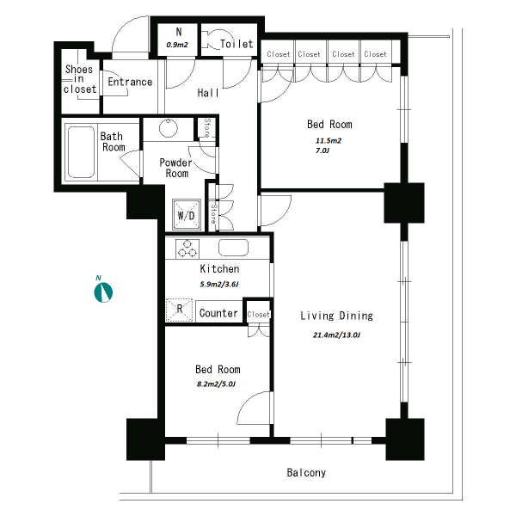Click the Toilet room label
tap(236, 44)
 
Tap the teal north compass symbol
tap(103, 292)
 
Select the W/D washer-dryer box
tap(187, 214)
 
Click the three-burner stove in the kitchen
tap(187, 248)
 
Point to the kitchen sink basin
tap(233, 247)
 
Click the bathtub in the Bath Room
tap(82, 152)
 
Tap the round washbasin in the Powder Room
tap(169, 128)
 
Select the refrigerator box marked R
tap(180, 310)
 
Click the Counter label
tap(218, 313)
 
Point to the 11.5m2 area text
tap(329, 141)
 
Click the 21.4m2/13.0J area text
tap(336, 335)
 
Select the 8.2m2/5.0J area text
tap(216, 384)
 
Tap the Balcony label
tap(306, 472)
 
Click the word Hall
tap(208, 93)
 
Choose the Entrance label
tap(130, 82)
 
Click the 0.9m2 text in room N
tap(177, 45)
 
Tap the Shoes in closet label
tap(80, 79)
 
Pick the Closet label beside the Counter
tap(258, 315)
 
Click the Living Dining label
tap(336, 316)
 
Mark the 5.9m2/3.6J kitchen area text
tap(218, 284)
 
